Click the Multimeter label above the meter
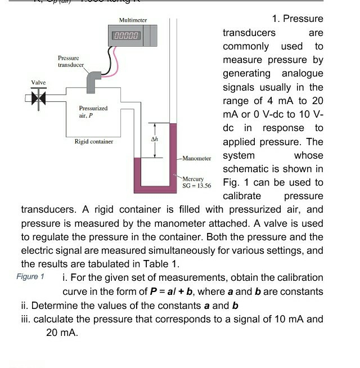tap(133, 20)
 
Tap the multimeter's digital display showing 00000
tap(127, 35)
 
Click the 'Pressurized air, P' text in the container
tap(93, 110)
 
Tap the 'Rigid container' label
tap(94, 141)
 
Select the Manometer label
tap(197, 159)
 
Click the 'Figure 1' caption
tap(30, 276)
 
